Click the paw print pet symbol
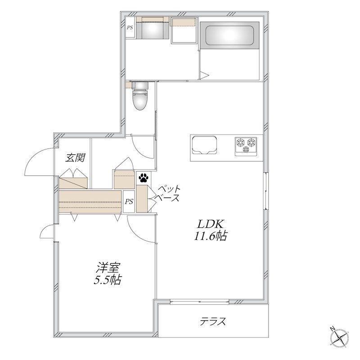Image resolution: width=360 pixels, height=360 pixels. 144,177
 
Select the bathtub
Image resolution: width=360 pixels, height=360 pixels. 229,36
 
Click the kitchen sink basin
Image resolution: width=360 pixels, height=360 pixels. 204,145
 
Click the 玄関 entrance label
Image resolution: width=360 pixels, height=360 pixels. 75,158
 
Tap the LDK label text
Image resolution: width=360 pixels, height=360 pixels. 211,224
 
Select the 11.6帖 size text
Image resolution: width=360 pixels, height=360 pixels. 211,235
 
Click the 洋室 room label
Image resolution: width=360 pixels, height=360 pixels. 108,268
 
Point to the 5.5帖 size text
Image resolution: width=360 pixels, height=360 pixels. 108,279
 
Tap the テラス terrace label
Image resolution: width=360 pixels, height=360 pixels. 213,321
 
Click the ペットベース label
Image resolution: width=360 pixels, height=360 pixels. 167,193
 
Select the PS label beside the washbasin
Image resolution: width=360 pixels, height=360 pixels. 130,28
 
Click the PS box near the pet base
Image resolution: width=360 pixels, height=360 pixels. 129,202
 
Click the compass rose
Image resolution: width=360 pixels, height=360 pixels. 339,338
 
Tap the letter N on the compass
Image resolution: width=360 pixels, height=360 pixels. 332,329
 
